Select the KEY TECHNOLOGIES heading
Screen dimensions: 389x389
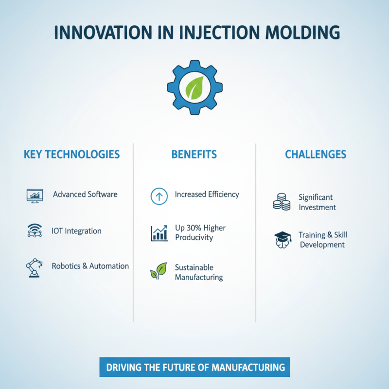coord(71,155)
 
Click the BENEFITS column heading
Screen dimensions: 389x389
coord(194,155)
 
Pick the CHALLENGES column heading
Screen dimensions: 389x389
coord(316,155)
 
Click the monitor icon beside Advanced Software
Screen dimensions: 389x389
coord(34,195)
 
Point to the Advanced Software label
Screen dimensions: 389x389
coord(85,194)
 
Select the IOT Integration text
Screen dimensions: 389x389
coord(76,231)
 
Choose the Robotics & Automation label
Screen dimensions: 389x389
coord(90,266)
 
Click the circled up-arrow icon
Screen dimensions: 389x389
coord(159,196)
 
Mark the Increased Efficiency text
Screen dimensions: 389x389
coord(207,194)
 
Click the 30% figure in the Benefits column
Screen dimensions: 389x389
coord(194,228)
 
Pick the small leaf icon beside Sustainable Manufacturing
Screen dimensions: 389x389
coord(158,271)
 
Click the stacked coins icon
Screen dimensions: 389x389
coord(281,202)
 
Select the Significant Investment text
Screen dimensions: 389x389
coord(317,202)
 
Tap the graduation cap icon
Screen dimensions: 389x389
coord(283,239)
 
